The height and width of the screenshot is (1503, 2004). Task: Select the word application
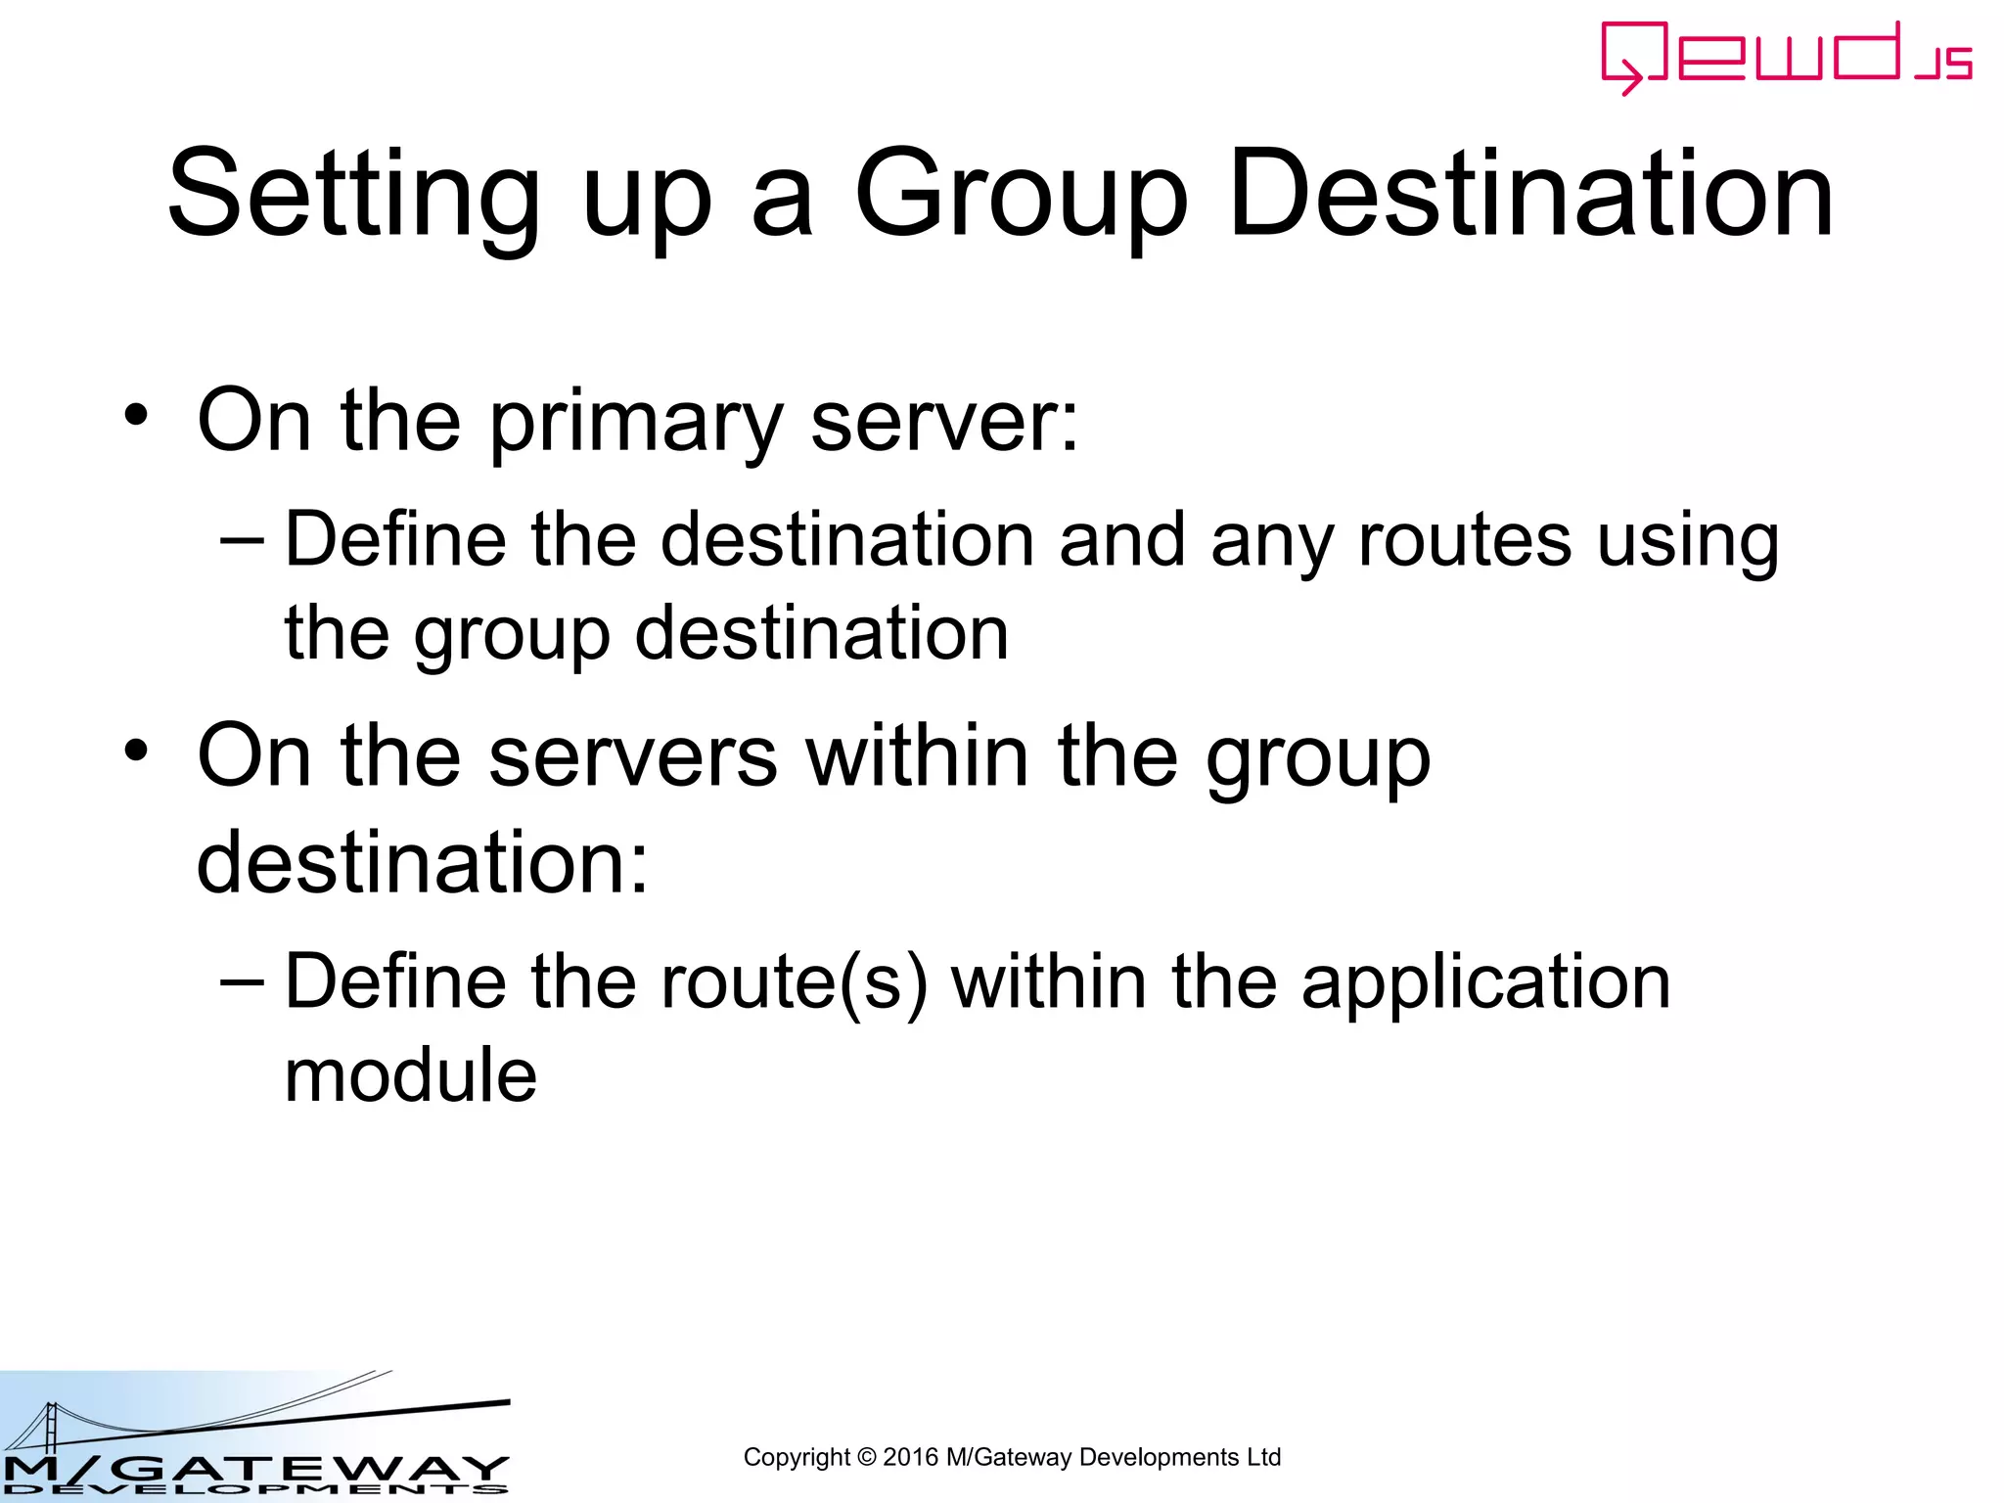pyautogui.click(x=1485, y=984)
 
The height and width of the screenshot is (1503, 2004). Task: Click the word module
pyautogui.click(x=411, y=1074)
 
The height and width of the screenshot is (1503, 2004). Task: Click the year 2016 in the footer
pyautogui.click(x=910, y=1457)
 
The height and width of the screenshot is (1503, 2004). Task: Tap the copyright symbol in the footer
pyautogui.click(x=866, y=1457)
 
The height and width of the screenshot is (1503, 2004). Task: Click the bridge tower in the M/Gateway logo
pyautogui.click(x=49, y=1430)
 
